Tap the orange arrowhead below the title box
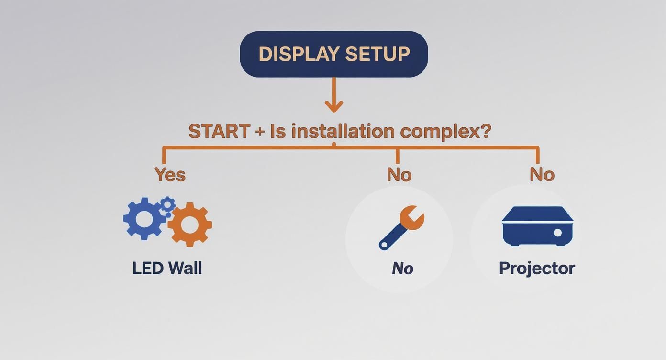point(333,106)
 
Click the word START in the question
point(219,131)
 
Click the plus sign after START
point(260,132)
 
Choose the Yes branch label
point(170,175)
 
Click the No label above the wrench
point(399,175)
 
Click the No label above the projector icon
point(542,175)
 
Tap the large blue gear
point(144,218)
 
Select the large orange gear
point(189,224)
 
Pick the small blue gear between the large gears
point(167,204)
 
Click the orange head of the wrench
point(411,218)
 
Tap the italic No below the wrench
point(402,269)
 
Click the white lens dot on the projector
point(557,233)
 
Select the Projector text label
point(537,268)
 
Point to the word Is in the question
point(277,131)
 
